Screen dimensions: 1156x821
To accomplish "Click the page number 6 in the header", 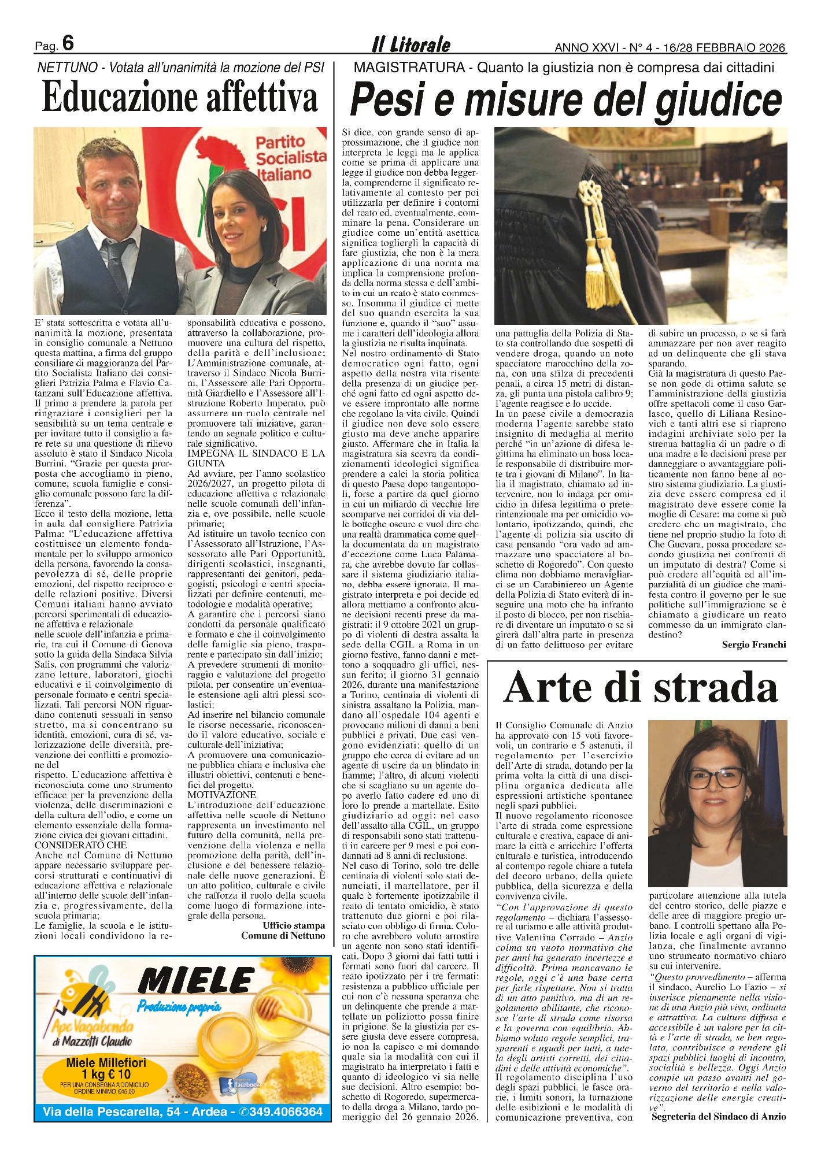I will pos(68,43).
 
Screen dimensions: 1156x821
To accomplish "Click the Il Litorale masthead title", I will pos(410,45).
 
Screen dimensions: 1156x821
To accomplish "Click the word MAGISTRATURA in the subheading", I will pos(409,68).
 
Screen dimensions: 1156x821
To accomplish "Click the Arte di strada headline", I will pos(641,687).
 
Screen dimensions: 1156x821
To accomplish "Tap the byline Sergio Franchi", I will pos(753,644).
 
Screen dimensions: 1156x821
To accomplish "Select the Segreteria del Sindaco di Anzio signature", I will pos(718,1116).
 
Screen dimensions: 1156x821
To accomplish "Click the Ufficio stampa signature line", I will pos(293,925).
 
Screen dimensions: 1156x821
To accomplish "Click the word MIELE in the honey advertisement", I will pos(196,980).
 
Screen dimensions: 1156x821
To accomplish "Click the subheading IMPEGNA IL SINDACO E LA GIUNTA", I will pos(256,458).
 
